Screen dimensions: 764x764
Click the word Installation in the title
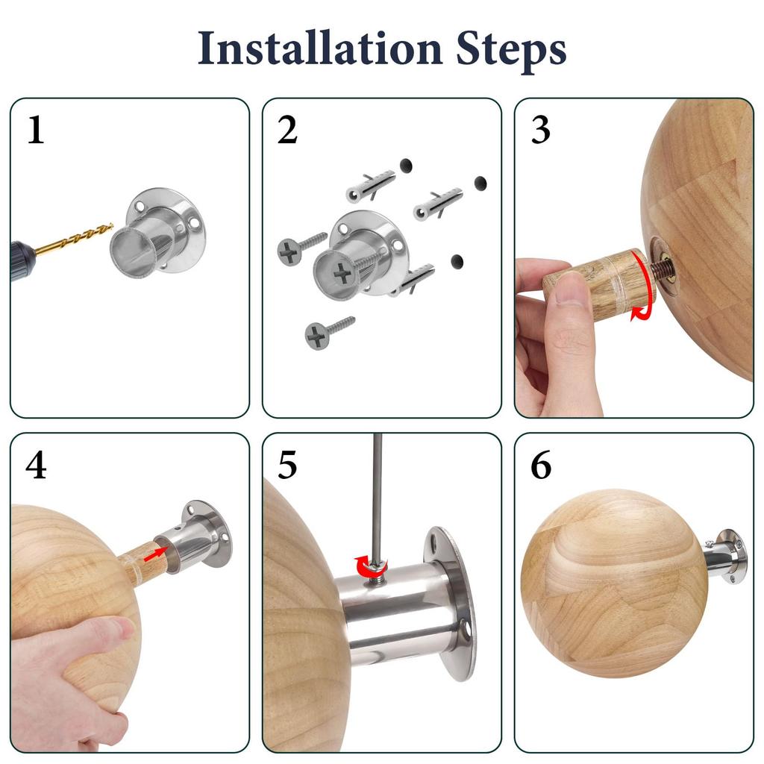pyautogui.click(x=319, y=48)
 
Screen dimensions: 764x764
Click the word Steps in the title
pyautogui.click(x=511, y=51)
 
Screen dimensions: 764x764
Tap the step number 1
pyautogui.click(x=35, y=130)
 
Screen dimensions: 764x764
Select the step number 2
pyautogui.click(x=287, y=130)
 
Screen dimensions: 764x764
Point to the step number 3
pyautogui.click(x=540, y=130)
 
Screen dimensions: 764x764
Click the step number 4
pyautogui.click(x=36, y=465)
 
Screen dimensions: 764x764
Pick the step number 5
pyautogui.click(x=287, y=466)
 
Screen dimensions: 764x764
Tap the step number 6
pyautogui.click(x=541, y=466)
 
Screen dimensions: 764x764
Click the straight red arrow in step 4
pyautogui.click(x=155, y=554)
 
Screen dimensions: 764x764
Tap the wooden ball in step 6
pyautogui.click(x=614, y=583)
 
